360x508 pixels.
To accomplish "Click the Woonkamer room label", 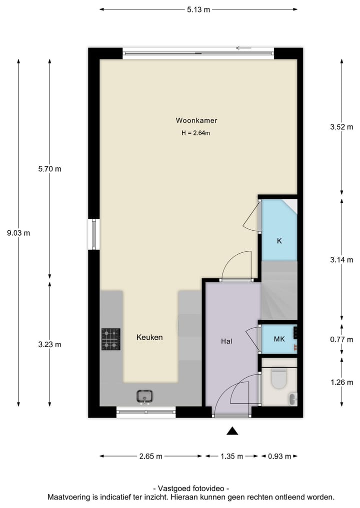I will click(196, 120).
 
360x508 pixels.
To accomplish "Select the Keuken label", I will click(149, 337).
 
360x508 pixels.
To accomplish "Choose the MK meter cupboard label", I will click(279, 339).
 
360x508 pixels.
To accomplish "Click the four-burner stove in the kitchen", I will click(111, 339).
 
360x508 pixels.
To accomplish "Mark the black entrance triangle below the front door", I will click(232, 431).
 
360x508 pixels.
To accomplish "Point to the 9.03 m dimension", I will click(18, 233).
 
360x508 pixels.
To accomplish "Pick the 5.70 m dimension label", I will click(49, 169).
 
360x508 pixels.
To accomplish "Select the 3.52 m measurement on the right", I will click(341, 127).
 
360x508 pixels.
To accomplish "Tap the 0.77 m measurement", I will click(341, 339).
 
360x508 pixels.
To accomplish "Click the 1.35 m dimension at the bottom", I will click(231, 456).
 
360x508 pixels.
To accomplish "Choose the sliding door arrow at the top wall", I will click(243, 48).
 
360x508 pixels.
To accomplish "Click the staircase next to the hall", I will click(279, 291).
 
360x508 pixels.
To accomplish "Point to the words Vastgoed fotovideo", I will click(191, 488).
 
